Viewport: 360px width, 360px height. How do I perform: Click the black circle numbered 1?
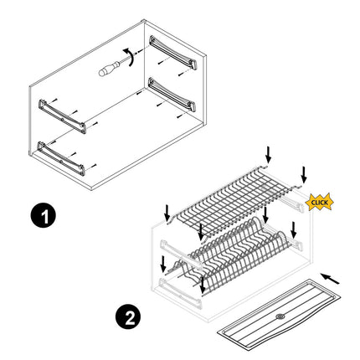pos(43,215)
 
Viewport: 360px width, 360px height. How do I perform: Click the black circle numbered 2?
pos(129,316)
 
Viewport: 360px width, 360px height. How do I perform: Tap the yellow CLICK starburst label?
pos(319,202)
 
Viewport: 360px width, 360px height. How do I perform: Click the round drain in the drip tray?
pos(280,316)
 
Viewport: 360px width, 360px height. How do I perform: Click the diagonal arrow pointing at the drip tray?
pos(330,279)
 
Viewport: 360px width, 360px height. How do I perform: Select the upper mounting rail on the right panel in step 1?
pos(173,52)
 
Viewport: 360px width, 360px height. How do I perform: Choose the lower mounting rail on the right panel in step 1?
pos(172,95)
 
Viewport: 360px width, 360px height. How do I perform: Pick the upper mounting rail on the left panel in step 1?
pos(62,116)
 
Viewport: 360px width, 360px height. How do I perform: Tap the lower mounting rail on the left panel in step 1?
pos(61,158)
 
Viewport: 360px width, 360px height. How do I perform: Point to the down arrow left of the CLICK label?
pos(303,175)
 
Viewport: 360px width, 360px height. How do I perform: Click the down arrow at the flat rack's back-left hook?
pos(268,155)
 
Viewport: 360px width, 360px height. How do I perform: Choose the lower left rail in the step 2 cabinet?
pos(180,293)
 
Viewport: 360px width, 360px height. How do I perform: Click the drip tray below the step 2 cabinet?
pos(279,311)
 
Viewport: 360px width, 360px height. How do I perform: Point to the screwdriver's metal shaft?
pos(126,60)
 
